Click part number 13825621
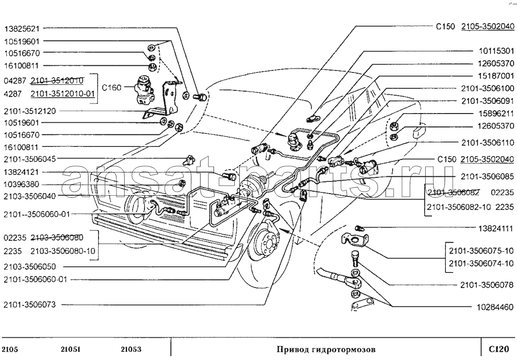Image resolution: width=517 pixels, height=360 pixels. point(21,29)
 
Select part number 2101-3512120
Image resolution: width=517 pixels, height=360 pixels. point(29,111)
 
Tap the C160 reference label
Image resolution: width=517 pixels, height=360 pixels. point(112,87)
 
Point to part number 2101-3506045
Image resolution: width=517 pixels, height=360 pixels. point(29,159)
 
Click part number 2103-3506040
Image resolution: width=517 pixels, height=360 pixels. point(29,196)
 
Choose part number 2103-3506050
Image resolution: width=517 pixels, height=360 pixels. point(29,267)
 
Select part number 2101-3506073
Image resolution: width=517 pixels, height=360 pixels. point(29,305)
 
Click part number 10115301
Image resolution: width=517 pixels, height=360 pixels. point(496,51)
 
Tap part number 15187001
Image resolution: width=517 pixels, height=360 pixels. point(496,76)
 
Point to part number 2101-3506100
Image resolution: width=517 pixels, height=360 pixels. point(488,88)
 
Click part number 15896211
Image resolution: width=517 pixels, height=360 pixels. point(496,114)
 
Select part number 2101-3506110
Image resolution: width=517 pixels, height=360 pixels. point(488,143)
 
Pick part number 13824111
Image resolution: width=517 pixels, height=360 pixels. point(496,229)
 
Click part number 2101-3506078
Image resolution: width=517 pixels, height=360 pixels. point(487,285)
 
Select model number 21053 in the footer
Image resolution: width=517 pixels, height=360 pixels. point(131,349)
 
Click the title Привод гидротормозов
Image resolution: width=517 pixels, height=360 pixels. point(326,349)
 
